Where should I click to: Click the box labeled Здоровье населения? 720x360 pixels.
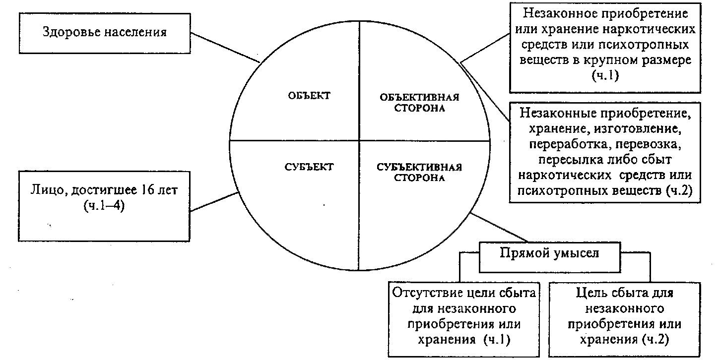pos(104,33)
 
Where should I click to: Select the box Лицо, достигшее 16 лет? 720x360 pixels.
pos(104,205)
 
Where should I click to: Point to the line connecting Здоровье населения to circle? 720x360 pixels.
pos(226,48)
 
